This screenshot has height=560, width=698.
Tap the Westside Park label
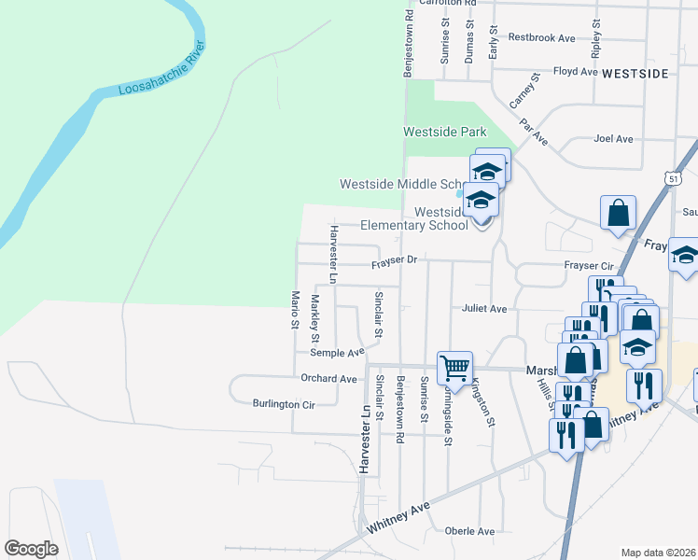pyautogui.click(x=440, y=133)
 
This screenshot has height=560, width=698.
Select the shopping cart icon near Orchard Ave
pyautogui.click(x=454, y=367)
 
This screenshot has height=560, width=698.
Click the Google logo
pyautogui.click(x=32, y=549)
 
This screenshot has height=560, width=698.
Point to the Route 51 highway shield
pyautogui.click(x=673, y=177)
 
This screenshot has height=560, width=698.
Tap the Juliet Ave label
pyautogui.click(x=483, y=308)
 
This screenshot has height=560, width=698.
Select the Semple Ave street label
pyautogui.click(x=337, y=353)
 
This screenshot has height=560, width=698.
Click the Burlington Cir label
pyautogui.click(x=284, y=404)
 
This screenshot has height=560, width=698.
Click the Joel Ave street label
pyautogui.click(x=613, y=139)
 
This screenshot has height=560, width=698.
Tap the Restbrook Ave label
pyautogui.click(x=541, y=38)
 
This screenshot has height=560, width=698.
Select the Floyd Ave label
pyautogui.click(x=575, y=71)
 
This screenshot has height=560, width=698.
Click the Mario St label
pyautogui.click(x=295, y=309)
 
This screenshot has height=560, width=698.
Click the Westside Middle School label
pyautogui.click(x=403, y=184)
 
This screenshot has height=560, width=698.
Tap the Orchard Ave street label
pyautogui.click(x=328, y=379)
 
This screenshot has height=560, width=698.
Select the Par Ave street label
pyautogui.click(x=534, y=131)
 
